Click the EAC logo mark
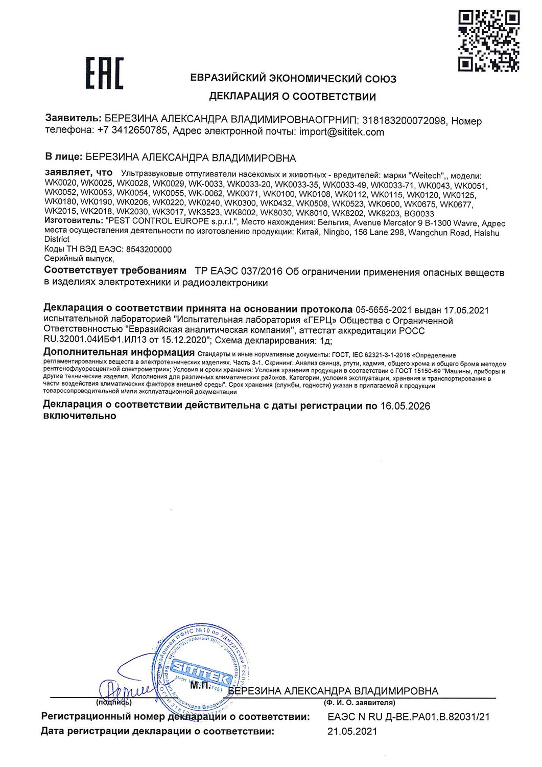pos(104,74)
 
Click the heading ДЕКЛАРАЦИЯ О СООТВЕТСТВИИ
pos(292,97)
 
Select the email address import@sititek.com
pos(342,132)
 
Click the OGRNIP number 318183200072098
pos(404,121)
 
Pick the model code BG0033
pos(419,213)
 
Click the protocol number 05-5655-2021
pos(383,310)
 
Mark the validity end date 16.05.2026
pos(405,406)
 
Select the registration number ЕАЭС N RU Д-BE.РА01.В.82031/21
pos(408,717)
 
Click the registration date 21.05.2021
pos(352,731)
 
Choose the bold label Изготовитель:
pos(74,223)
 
